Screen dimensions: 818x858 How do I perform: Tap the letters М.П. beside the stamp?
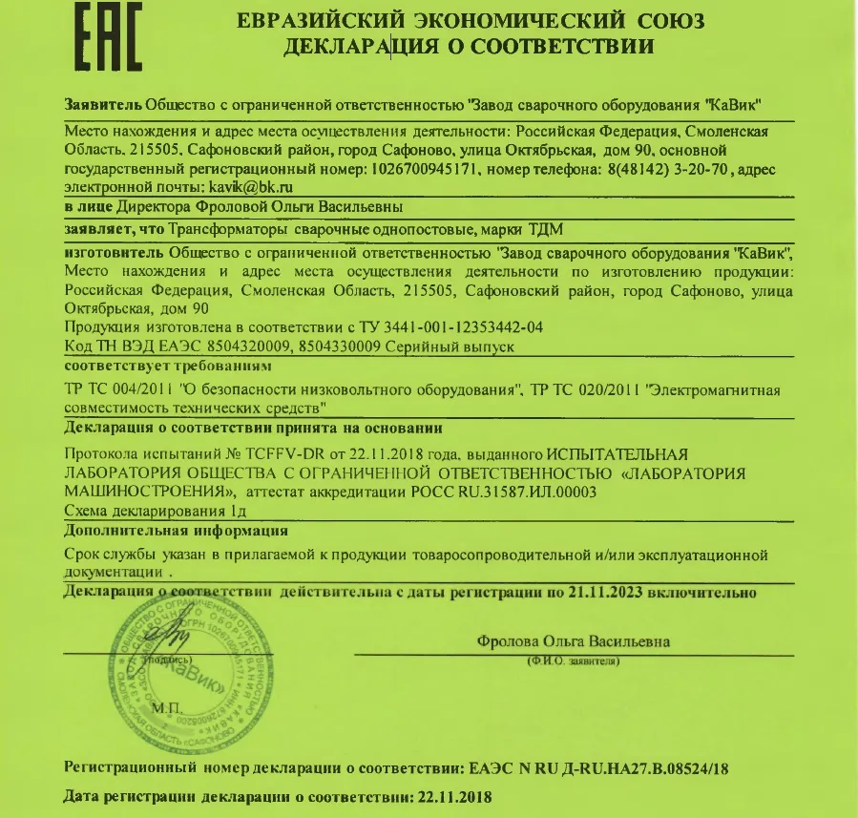pos(168,710)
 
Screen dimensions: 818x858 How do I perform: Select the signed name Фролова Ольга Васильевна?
pos(573,641)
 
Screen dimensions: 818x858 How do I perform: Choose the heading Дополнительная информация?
pos(176,531)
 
